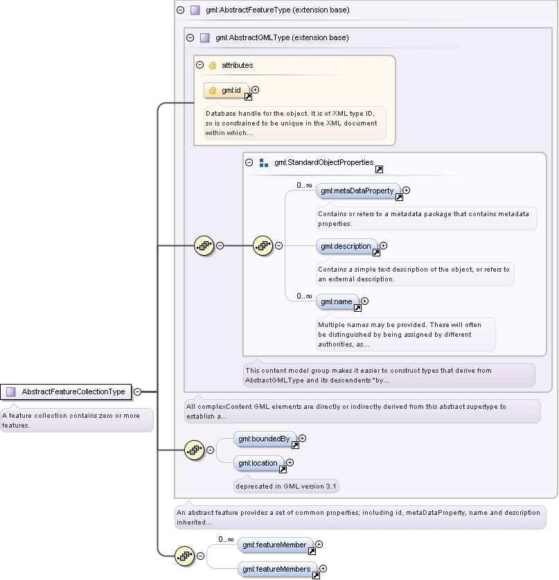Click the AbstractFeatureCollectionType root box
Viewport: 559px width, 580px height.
66,392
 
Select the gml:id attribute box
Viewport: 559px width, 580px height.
227,91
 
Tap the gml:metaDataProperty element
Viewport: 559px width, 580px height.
358,191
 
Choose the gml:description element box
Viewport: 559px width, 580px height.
347,247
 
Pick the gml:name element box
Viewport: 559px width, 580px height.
337,302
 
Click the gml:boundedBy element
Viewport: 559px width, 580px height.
265,439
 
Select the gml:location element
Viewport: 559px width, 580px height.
259,463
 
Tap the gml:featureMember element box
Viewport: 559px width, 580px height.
276,545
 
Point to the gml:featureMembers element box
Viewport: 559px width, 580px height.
278,570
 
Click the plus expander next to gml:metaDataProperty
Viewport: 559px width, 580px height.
407,190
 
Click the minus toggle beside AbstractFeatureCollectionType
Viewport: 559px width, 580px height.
137,392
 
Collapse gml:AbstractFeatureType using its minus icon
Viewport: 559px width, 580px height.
180,10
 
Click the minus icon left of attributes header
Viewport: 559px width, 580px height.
200,65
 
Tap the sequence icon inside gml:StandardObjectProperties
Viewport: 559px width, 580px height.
263,245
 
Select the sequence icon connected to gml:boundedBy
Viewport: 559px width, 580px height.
194,450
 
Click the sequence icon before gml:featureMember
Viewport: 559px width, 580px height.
184,556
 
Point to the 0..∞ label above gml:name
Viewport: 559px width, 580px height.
304,297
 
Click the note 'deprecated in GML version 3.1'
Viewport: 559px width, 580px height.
286,486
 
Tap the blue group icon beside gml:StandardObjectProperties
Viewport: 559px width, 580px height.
264,163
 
